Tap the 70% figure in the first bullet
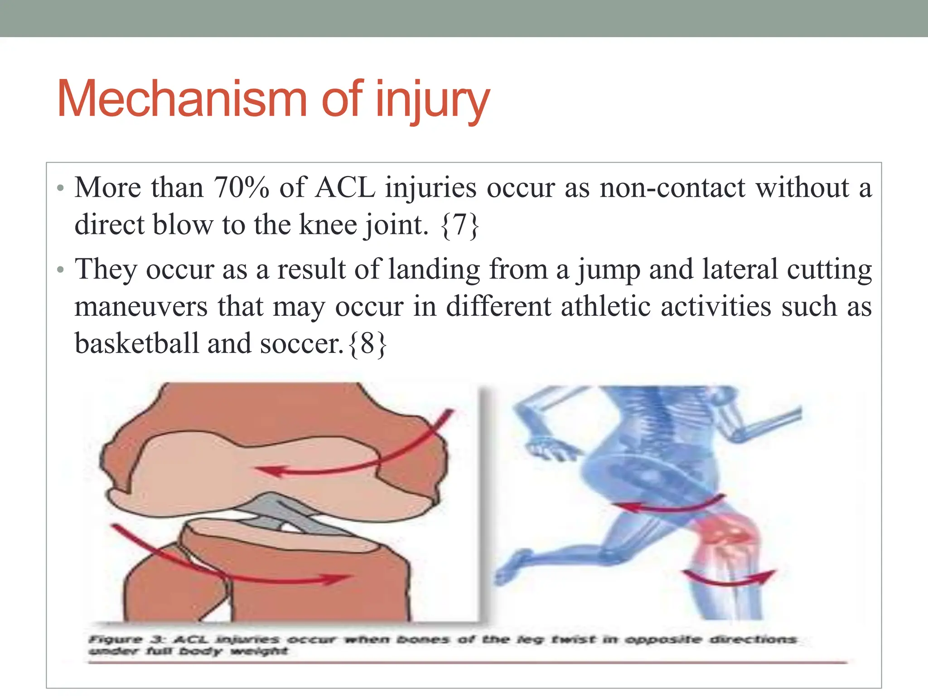click(241, 187)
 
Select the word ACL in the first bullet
click(345, 187)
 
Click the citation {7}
click(459, 225)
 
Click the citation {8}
click(368, 343)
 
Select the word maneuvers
click(141, 306)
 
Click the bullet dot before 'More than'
click(61, 188)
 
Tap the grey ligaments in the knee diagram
click(281, 512)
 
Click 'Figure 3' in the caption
click(125, 639)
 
